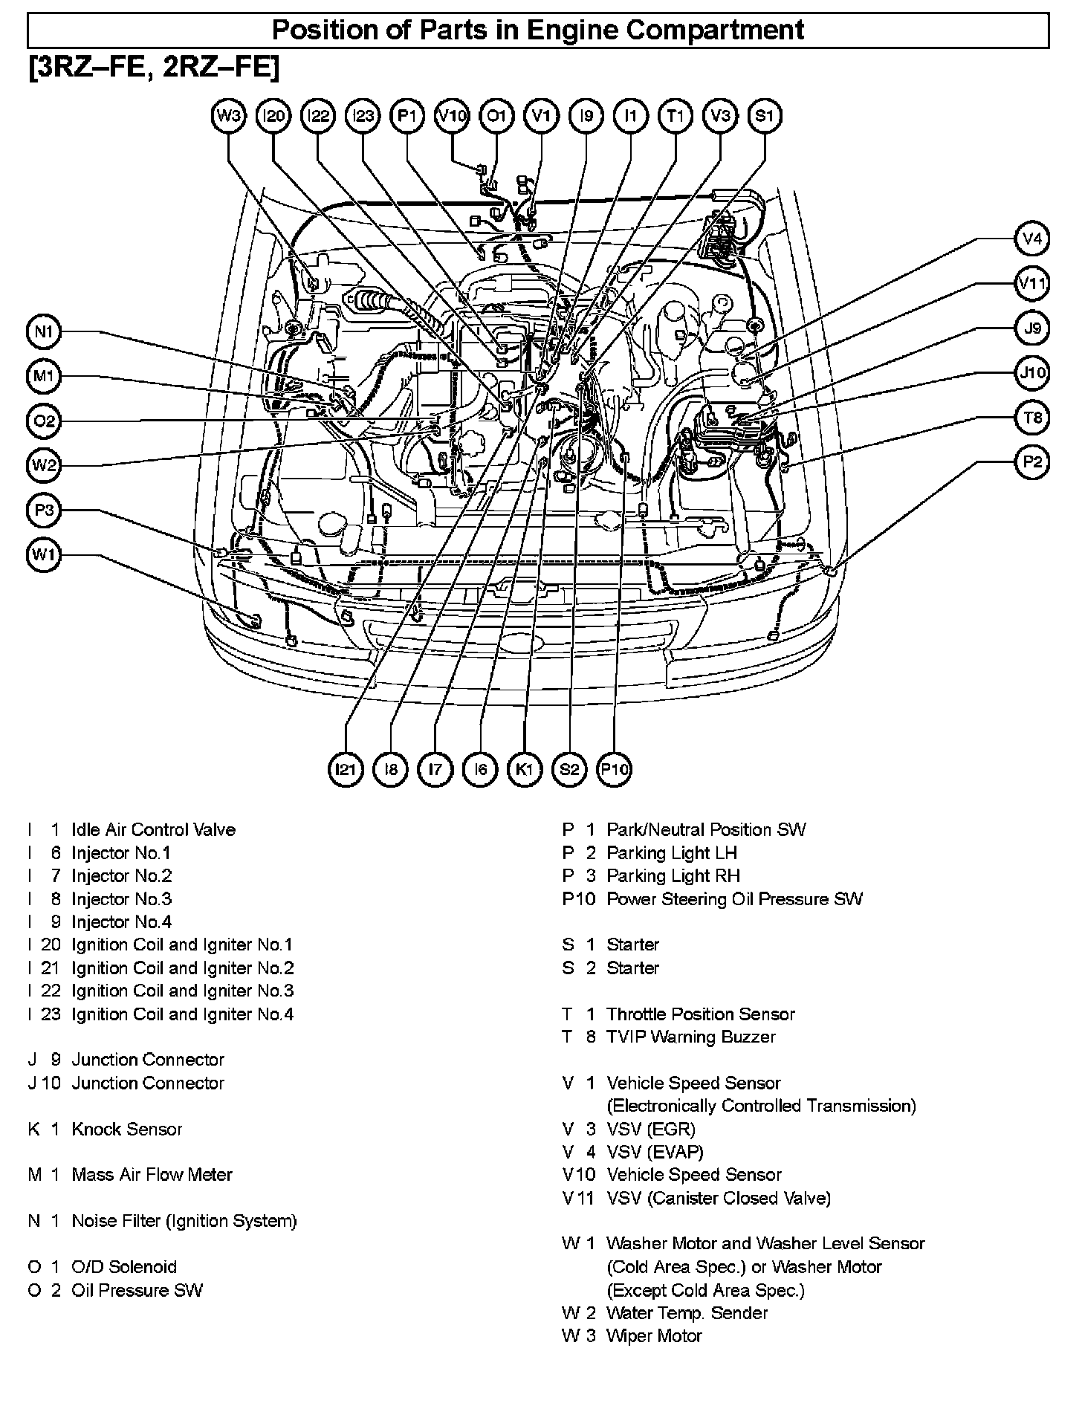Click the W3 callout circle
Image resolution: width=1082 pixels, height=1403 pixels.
coord(229,116)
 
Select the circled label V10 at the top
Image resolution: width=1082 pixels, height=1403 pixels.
coord(452,116)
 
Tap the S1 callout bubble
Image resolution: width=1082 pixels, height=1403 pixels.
coord(765,116)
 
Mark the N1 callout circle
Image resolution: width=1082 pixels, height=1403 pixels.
coord(45,331)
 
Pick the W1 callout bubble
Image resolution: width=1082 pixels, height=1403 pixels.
coord(45,554)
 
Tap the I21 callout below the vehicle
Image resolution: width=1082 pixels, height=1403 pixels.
coord(346,769)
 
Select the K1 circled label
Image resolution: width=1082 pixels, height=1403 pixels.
coord(525,769)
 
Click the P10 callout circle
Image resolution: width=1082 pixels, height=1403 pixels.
coord(615,769)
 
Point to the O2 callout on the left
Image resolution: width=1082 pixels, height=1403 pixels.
coord(45,421)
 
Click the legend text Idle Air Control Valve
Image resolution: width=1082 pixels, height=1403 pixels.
coord(153,830)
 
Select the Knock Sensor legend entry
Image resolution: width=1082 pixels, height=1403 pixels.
coord(126,1130)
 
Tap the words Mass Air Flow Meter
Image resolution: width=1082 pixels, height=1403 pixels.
coord(152,1175)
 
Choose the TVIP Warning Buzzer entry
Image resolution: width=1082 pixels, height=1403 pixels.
coord(691,1037)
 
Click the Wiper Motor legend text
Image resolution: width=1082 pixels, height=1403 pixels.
coord(654,1336)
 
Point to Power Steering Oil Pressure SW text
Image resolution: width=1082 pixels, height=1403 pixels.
coord(734,899)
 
